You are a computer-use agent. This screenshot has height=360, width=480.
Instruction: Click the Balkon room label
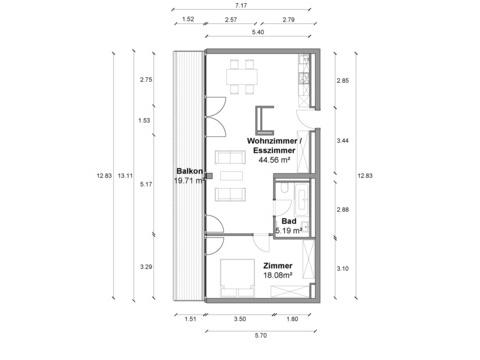pos(189,171)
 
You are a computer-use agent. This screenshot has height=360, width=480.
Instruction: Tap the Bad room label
pos(289,221)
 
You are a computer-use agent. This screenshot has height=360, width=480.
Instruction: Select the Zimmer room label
pos(278,266)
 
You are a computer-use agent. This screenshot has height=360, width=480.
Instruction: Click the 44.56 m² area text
pos(274,160)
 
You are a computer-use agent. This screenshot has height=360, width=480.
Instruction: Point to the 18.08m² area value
pos(278,275)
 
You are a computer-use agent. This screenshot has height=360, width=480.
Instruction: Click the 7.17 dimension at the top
pos(241,6)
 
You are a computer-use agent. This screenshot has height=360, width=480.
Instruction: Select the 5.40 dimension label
pos(258,32)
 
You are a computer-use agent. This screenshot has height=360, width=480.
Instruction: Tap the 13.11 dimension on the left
pos(125,176)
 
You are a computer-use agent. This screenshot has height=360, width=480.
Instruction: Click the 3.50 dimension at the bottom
pos(240,319)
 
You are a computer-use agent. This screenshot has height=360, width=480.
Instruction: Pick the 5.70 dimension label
pos(261,335)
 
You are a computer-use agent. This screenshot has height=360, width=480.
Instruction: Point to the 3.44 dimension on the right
pos(342,141)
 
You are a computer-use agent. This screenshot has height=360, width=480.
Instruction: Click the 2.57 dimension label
pos(231,19)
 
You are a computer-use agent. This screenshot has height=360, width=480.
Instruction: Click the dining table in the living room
pos(242,77)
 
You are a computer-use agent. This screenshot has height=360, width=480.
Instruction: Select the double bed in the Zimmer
pos(238,278)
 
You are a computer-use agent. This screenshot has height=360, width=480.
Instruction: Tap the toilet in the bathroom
pos(284,188)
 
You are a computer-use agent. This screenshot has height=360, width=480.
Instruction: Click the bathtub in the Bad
pos(302,199)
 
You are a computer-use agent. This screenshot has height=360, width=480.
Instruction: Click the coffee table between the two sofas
pos(231,176)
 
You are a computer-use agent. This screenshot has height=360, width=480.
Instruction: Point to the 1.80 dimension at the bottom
pos(292,319)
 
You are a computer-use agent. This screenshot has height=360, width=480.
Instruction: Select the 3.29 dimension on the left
pos(146,267)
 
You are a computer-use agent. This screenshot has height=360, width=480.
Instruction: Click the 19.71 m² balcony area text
pos(189,181)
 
